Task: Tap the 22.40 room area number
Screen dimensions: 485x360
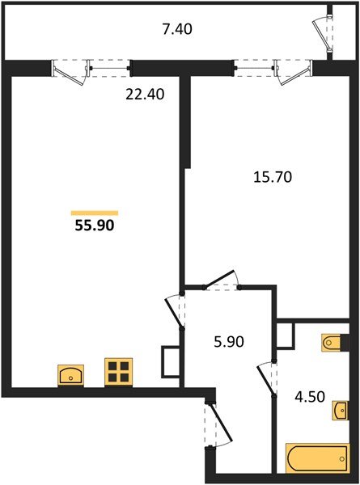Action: click(146, 94)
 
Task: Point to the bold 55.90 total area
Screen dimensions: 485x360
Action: click(95, 227)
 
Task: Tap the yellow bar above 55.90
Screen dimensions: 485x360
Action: click(94, 212)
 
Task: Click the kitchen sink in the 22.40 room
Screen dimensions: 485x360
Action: click(71, 375)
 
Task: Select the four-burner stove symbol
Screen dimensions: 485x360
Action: click(118, 372)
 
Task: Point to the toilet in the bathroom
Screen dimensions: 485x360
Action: click(334, 344)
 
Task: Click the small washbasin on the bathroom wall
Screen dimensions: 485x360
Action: click(341, 413)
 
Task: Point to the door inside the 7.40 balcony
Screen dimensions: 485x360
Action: click(324, 32)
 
